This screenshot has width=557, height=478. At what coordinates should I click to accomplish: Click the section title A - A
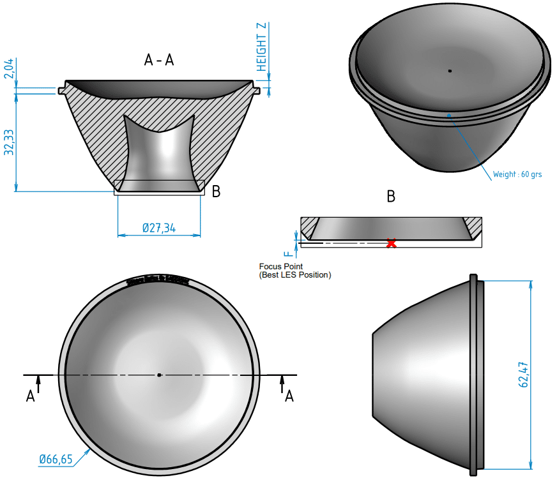point(159,60)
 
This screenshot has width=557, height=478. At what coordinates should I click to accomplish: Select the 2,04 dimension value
point(8,68)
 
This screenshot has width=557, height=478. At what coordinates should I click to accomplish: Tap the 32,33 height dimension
point(8,142)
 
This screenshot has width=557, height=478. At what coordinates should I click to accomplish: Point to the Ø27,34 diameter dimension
point(159,228)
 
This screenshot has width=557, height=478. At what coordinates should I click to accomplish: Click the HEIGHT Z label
point(261,46)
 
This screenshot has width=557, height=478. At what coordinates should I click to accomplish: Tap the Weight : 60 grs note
point(517,174)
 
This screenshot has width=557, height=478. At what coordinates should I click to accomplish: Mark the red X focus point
point(392,243)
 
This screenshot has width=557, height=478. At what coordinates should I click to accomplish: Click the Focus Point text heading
point(281,266)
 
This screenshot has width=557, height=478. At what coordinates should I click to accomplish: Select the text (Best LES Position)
point(295,275)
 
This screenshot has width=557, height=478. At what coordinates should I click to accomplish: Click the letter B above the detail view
point(391,197)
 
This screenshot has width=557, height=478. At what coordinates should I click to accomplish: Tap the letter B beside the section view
point(216,191)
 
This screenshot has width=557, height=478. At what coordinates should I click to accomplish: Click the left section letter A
point(30,396)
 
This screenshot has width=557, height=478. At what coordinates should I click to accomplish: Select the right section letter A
point(289,396)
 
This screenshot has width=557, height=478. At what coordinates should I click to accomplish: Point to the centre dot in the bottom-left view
point(159,375)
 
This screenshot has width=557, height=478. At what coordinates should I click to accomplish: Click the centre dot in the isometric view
point(450,71)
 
